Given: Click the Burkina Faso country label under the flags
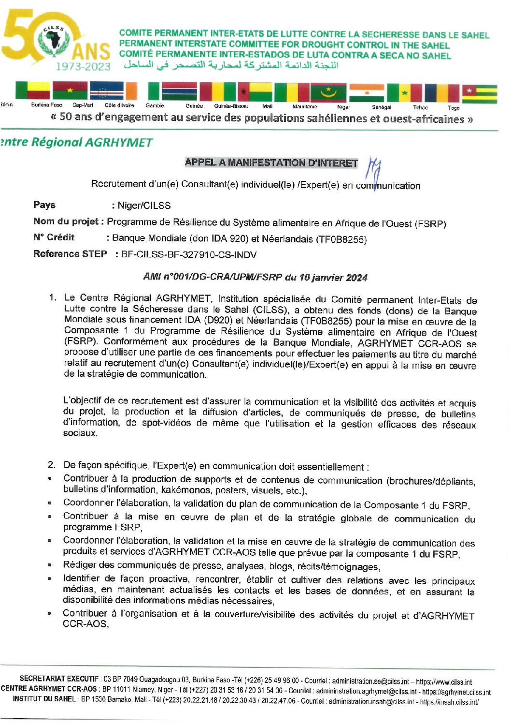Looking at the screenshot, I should [x=46, y=105].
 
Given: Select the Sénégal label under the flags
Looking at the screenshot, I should [x=381, y=107].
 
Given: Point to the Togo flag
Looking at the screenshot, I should [x=479, y=93].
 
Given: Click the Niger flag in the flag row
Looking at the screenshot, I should [x=366, y=92].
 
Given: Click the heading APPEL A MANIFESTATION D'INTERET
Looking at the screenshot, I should [x=271, y=163].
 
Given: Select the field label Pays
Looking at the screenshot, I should [x=44, y=205].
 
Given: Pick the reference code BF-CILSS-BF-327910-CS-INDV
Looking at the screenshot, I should [x=188, y=255].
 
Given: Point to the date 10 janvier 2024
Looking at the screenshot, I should [x=333, y=278].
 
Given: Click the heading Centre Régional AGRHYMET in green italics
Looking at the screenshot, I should [x=77, y=143].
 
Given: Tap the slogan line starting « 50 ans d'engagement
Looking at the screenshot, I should [x=261, y=118].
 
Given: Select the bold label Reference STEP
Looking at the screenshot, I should [x=70, y=254].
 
